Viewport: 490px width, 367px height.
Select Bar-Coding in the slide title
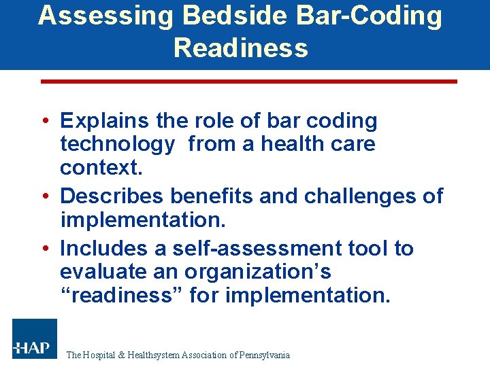357,16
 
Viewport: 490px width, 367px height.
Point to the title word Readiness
241,48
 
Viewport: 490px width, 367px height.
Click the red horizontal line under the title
249,82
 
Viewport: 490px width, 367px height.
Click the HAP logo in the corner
35,339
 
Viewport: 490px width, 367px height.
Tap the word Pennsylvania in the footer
265,355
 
